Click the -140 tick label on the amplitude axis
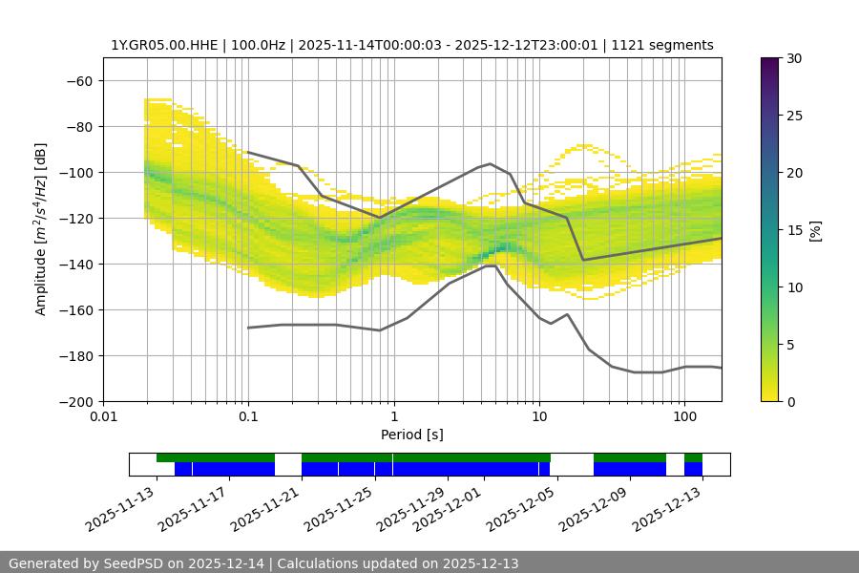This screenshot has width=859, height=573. click(79, 264)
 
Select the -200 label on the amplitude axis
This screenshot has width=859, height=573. click(79, 401)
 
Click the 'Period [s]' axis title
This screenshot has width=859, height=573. click(412, 435)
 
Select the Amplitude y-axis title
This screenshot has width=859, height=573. click(41, 229)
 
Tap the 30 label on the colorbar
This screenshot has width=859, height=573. click(793, 58)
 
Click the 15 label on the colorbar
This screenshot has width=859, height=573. click(793, 230)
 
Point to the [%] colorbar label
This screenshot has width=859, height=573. click(815, 230)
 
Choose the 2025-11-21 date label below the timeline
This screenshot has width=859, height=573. click(266, 509)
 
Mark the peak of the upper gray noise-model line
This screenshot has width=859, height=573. click(491, 163)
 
